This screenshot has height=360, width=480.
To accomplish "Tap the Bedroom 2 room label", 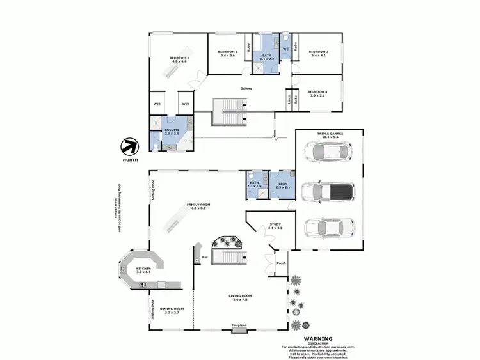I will (x=228, y=53).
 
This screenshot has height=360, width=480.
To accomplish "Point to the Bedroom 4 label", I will (x=317, y=93).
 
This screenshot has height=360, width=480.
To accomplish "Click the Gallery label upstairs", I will (x=246, y=88).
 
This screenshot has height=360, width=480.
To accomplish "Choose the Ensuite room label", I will (x=172, y=130).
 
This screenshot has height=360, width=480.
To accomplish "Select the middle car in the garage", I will (x=328, y=191).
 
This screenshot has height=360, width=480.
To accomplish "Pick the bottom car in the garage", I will (x=328, y=227).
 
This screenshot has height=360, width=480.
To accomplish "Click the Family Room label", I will (x=198, y=206).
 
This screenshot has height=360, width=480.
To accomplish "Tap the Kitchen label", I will (x=143, y=270).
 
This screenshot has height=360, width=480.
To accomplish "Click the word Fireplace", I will (x=239, y=325).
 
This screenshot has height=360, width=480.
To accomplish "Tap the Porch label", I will (x=280, y=263).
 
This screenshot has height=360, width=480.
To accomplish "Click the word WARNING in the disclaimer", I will (x=319, y=338).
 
